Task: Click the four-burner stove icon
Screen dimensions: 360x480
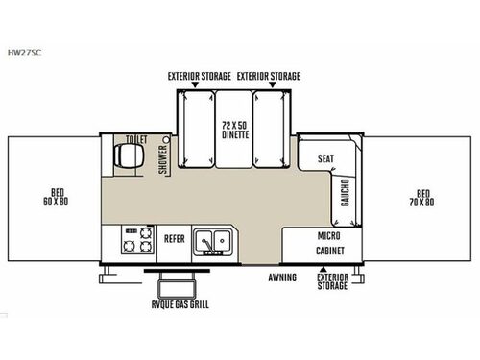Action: (137, 240)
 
